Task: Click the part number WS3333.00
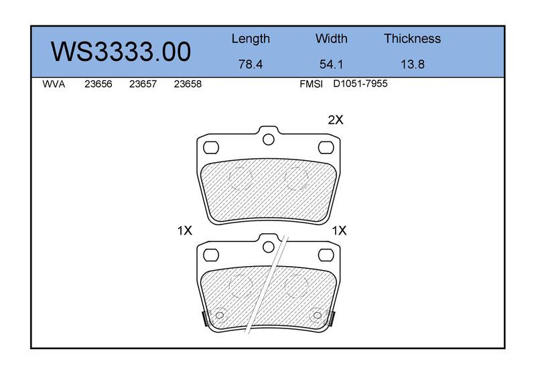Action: [121, 52]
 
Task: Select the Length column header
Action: [251, 39]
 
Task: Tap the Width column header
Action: [331, 38]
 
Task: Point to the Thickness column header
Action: [412, 38]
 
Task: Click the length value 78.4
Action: [251, 64]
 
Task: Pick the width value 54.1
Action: [331, 64]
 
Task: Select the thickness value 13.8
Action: [413, 64]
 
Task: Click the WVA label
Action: [54, 84]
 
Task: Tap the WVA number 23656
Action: [98, 84]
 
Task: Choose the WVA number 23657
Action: [143, 84]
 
